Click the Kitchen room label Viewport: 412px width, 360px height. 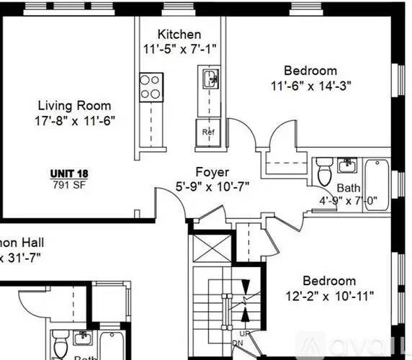[179, 35]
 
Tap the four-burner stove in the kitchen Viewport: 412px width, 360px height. [151, 86]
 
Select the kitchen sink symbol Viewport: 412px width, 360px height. [210, 78]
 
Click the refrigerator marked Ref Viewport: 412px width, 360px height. [209, 132]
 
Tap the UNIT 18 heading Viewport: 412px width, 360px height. [69, 173]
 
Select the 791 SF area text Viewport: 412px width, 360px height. [66, 184]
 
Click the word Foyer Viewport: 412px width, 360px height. [212, 173]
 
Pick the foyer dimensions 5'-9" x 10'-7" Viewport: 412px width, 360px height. [213, 187]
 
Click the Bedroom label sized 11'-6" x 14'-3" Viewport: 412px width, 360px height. [310, 71]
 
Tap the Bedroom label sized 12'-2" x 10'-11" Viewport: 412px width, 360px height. [328, 281]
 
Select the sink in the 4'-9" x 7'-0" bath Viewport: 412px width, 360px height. [348, 166]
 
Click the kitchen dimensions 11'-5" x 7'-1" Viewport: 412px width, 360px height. [179, 49]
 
